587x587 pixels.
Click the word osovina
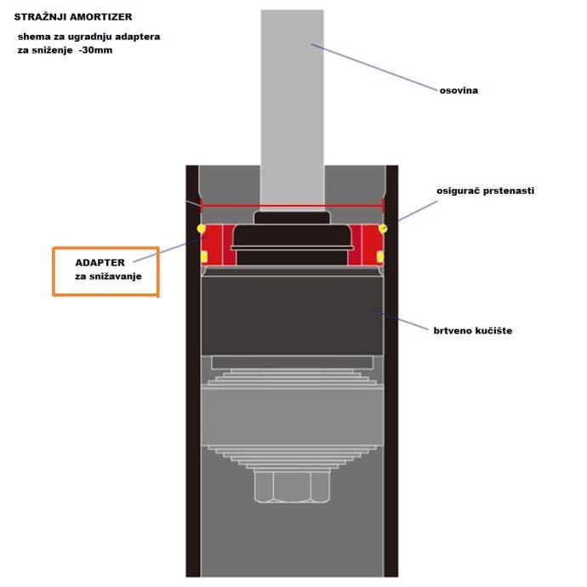pos(459,90)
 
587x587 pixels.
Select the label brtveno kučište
pos(471,329)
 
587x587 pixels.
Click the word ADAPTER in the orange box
pos(100,263)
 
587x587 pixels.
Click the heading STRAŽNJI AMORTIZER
pos(73,16)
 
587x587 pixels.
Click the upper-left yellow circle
pos(202,229)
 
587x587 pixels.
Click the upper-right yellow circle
pos(383,228)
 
